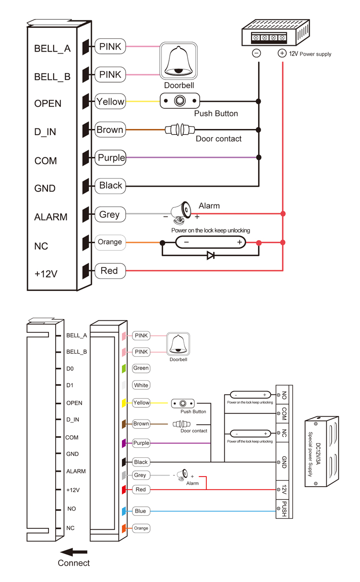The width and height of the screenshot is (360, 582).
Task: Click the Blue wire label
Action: pos(140,511)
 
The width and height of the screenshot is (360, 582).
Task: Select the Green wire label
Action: pos(141,368)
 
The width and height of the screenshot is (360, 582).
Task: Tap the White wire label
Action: pos(141,385)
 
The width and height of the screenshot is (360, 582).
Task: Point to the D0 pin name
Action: pos(71,369)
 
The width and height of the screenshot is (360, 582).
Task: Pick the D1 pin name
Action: pos(71,385)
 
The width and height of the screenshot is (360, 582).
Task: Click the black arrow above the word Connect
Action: pos(74,552)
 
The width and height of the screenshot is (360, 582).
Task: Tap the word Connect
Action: pos(74,563)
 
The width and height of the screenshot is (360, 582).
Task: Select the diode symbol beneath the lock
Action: pos(210,256)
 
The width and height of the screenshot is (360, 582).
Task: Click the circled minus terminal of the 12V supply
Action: pos(256,53)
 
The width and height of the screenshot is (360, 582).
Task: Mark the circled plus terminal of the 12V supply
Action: pos(282,53)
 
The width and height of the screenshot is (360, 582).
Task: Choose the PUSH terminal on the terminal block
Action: pos(284,509)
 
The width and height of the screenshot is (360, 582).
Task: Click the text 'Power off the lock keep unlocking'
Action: pos(250,441)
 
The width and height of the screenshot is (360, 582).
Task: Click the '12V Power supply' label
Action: pos(310,54)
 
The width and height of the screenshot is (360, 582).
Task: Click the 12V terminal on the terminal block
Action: pos(284,489)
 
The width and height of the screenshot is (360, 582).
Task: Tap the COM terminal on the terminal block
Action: pos(284,413)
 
